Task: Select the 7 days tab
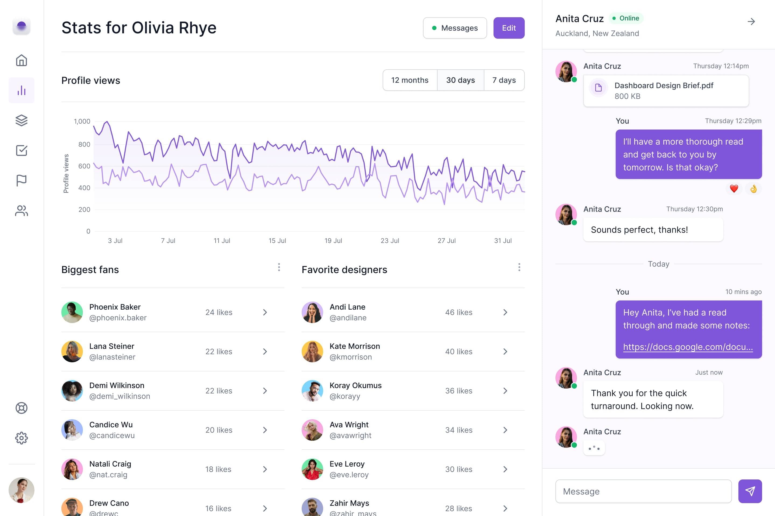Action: coord(504,80)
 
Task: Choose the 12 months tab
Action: coord(410,80)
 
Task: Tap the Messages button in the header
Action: coord(455,28)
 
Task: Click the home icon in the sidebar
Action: coord(22,60)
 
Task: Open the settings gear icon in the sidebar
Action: coord(22,438)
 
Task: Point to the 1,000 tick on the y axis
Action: coord(82,121)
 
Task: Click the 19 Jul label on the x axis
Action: coord(333,241)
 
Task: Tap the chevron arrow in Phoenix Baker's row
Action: coord(265,312)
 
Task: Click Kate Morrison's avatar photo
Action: coord(312,352)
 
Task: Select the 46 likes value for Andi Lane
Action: coord(459,312)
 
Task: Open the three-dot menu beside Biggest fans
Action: coord(279,267)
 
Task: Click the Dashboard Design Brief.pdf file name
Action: coord(664,85)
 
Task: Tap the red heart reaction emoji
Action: coord(734,189)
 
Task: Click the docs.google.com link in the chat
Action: coord(688,347)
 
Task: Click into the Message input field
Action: coord(643,491)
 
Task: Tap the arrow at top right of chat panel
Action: coord(751,22)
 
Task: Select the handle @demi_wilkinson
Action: coord(119,396)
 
